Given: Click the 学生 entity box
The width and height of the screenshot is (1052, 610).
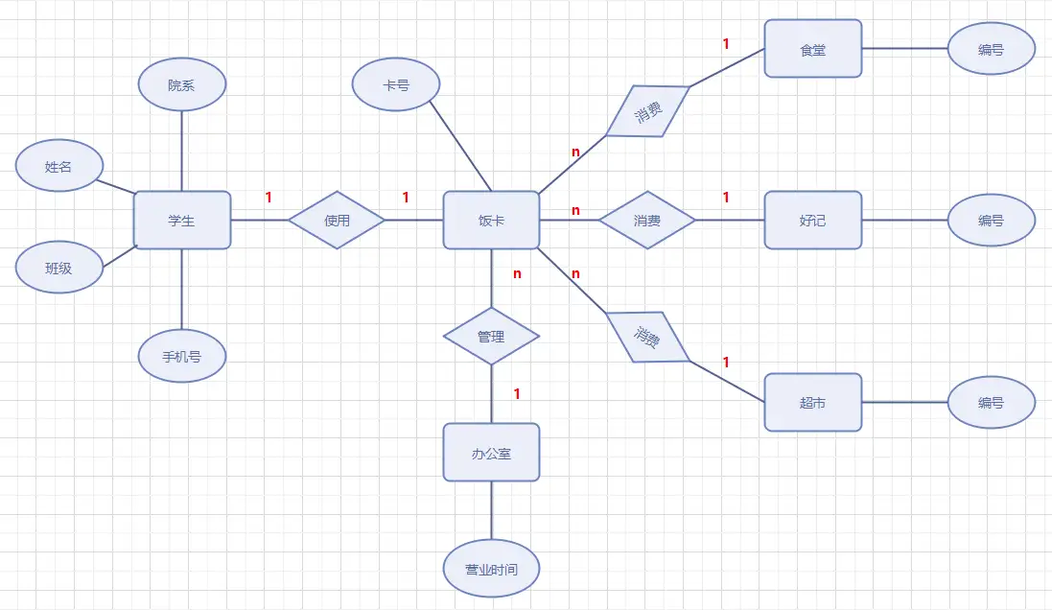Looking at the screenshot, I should click(182, 220).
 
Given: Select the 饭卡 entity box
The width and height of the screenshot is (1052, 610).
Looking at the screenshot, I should click(491, 220).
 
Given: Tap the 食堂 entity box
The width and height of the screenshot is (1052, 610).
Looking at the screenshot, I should click(813, 48).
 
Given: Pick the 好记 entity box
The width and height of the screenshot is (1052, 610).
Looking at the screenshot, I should click(813, 220).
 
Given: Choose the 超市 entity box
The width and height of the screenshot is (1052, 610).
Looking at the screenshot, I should click(813, 403).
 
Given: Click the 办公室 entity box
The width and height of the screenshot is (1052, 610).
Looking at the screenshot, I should click(491, 452).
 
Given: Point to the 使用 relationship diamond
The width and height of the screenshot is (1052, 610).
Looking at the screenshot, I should click(337, 220).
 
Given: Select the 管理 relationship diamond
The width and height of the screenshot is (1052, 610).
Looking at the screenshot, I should click(491, 336).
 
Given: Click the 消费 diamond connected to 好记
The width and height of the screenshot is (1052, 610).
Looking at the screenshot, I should click(647, 220).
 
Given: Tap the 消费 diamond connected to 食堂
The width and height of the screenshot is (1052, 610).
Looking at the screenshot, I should click(648, 111).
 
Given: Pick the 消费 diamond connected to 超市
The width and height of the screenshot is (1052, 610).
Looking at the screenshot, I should click(648, 337).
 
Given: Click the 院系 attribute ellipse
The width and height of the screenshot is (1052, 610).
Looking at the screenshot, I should click(182, 84).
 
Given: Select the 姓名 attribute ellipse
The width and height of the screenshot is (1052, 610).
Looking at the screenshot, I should click(58, 166).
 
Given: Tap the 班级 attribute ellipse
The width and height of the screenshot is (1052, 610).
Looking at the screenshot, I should click(58, 268).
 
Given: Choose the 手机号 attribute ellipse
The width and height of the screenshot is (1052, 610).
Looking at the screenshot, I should click(182, 357).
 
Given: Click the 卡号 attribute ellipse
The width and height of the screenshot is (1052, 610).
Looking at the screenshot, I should click(396, 84).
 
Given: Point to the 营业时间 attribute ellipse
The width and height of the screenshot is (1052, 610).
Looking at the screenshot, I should click(491, 570).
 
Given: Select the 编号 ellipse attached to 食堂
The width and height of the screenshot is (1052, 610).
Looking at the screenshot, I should click(992, 48).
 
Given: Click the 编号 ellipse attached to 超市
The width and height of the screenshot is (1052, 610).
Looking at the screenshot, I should click(992, 403).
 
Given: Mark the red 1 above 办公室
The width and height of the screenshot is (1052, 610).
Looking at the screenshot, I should click(517, 393).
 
